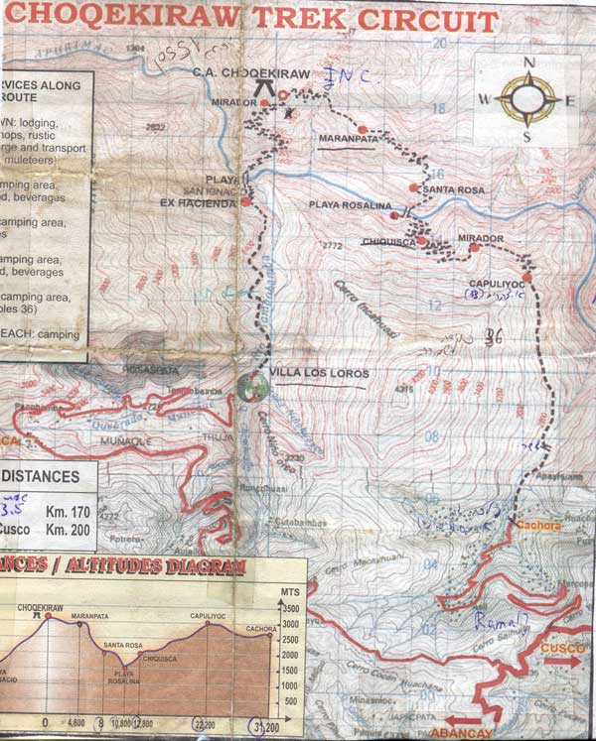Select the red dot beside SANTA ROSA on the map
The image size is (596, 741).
(x=414, y=186)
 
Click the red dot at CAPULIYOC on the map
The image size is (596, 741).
(x=527, y=277)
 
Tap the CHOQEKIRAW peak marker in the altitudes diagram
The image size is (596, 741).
(x=38, y=615)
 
